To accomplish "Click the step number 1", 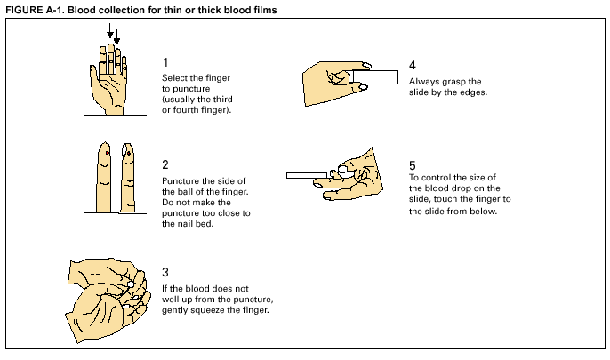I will click(166, 62).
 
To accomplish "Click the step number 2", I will click(166, 164).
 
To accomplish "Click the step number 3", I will click(166, 271).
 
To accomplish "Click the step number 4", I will click(413, 66).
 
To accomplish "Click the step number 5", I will click(413, 165).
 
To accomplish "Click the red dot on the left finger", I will click(108, 154).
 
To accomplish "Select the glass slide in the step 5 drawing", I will click(308, 175).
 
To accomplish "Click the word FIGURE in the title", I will click(24, 10).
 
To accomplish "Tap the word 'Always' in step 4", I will click(424, 82).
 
